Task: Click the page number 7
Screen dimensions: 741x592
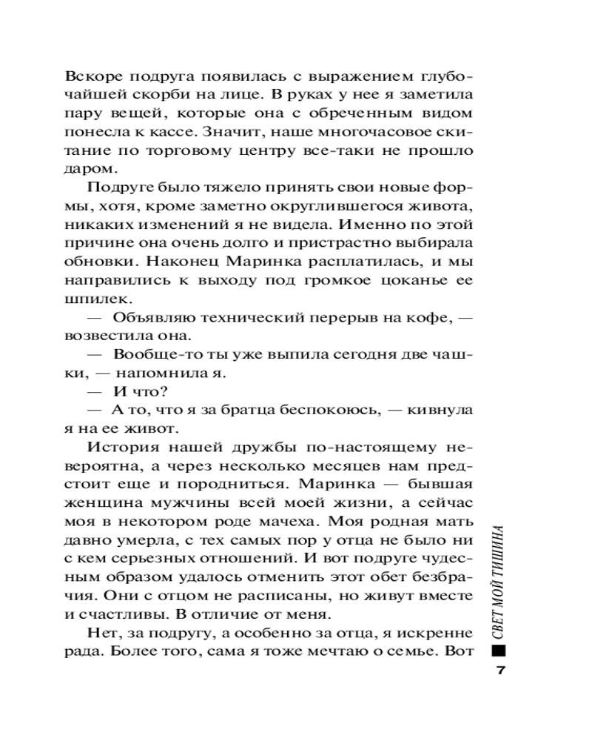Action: point(500,671)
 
